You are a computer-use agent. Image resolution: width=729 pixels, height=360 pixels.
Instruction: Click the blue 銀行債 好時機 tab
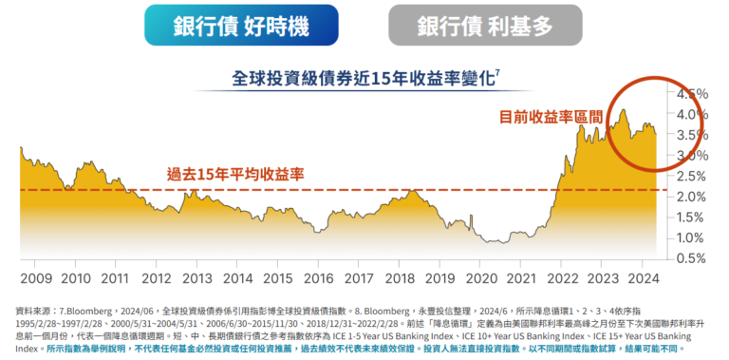pos(241,26)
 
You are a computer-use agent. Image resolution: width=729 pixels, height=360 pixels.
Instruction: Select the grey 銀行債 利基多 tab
pos(484,26)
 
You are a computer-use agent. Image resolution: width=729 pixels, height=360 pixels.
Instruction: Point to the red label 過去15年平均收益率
pos(234,174)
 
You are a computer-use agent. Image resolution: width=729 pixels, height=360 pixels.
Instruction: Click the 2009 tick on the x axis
pos(35,278)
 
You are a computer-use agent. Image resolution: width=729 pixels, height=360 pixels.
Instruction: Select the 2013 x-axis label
pos(196,278)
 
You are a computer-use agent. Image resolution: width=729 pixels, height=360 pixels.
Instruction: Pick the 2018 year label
pos(398,278)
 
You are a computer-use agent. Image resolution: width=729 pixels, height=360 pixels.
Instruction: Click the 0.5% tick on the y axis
pos(691,258)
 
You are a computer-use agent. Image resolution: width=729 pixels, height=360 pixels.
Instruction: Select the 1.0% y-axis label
pos(691,237)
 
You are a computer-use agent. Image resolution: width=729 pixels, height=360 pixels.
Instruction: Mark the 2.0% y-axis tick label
pos(691,197)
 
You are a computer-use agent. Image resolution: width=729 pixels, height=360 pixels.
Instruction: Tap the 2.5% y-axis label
pos(691,176)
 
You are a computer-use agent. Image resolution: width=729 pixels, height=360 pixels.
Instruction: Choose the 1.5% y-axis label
pos(691,218)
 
